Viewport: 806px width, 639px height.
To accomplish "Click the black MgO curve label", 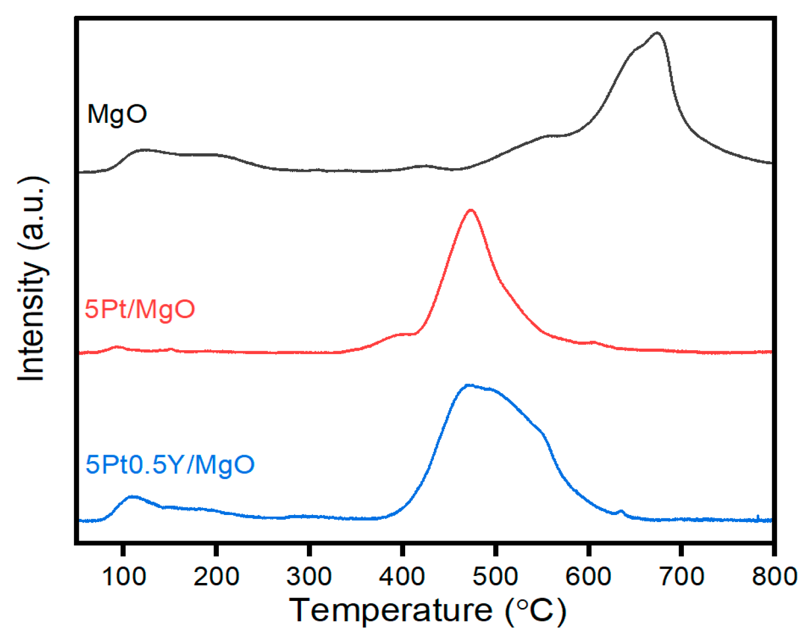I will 117,115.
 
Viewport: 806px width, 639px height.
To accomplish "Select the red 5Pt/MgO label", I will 140,309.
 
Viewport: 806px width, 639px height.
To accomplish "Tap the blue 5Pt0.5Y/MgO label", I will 170,465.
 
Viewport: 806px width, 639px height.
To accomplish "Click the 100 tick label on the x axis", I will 124,576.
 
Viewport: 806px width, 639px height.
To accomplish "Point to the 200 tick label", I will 216,576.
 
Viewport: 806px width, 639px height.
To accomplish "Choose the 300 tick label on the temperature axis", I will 309,576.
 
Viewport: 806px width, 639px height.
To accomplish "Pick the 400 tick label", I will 402,576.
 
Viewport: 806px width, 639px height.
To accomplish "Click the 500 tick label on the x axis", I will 495,576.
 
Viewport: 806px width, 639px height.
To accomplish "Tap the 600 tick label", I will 588,576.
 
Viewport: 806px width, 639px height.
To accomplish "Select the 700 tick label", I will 681,576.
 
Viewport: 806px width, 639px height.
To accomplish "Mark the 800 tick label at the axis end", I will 773,576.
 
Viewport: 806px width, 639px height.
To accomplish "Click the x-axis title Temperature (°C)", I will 427,610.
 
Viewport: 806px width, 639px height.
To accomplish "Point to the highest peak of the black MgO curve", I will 657,33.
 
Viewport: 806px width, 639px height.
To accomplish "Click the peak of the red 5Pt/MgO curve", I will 471,210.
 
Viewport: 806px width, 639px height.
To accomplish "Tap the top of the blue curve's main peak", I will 468,386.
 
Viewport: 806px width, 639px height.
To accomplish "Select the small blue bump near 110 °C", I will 132,497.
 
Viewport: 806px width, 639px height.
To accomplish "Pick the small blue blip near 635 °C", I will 621,511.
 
